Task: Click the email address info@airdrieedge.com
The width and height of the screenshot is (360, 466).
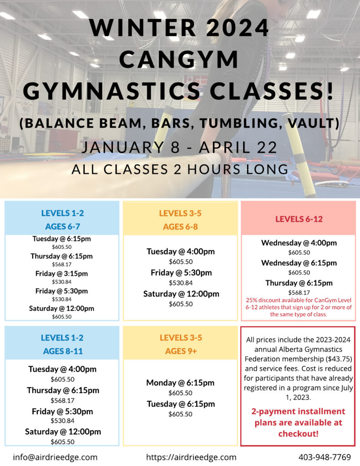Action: pos(55,457)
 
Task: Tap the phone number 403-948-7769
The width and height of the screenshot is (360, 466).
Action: pos(325,457)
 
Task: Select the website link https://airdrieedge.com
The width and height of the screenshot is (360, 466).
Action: pos(191,457)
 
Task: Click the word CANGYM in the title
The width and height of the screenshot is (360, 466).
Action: pos(179,60)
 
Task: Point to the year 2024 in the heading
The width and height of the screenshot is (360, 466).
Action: pos(237,28)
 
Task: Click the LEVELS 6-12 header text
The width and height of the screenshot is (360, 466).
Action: pos(299,219)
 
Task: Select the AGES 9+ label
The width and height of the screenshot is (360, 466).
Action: pos(181,351)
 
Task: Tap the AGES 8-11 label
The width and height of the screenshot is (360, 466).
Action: pos(63,351)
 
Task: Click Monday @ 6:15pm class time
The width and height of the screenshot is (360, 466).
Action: pos(180,383)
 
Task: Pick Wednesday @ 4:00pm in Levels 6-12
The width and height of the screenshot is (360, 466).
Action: pos(299,243)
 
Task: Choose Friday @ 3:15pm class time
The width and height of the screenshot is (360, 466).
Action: pos(61,274)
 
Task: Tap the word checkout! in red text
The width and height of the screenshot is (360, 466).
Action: pos(298,434)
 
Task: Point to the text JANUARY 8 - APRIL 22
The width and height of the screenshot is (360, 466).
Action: pos(180,147)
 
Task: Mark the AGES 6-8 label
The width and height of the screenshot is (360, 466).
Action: pos(180,227)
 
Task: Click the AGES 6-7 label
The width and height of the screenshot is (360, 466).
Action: pos(62,227)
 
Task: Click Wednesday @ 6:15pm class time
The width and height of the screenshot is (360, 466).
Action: pos(299,263)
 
